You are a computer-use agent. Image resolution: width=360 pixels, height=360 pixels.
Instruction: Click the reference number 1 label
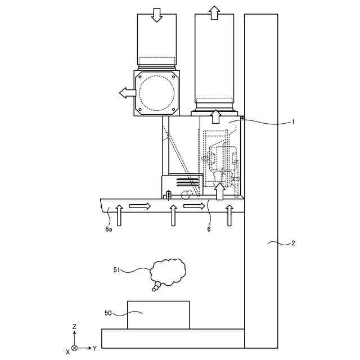click(293, 121)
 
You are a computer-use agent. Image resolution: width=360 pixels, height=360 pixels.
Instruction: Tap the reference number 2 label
click(293, 243)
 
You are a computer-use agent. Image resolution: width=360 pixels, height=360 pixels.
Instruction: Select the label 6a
click(109, 229)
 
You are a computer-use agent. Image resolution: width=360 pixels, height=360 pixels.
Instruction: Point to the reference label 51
click(117, 269)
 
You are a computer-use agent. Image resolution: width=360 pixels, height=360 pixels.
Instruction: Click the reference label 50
click(108, 313)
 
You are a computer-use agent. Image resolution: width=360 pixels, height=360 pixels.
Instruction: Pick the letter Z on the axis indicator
click(74, 326)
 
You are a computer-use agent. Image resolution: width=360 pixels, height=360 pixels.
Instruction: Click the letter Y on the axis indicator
click(94, 349)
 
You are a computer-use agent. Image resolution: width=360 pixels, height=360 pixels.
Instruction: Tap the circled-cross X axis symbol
click(74, 348)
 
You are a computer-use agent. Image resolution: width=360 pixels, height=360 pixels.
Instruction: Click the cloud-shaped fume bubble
click(168, 272)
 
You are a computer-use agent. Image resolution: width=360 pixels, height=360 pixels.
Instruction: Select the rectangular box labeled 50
click(159, 315)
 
